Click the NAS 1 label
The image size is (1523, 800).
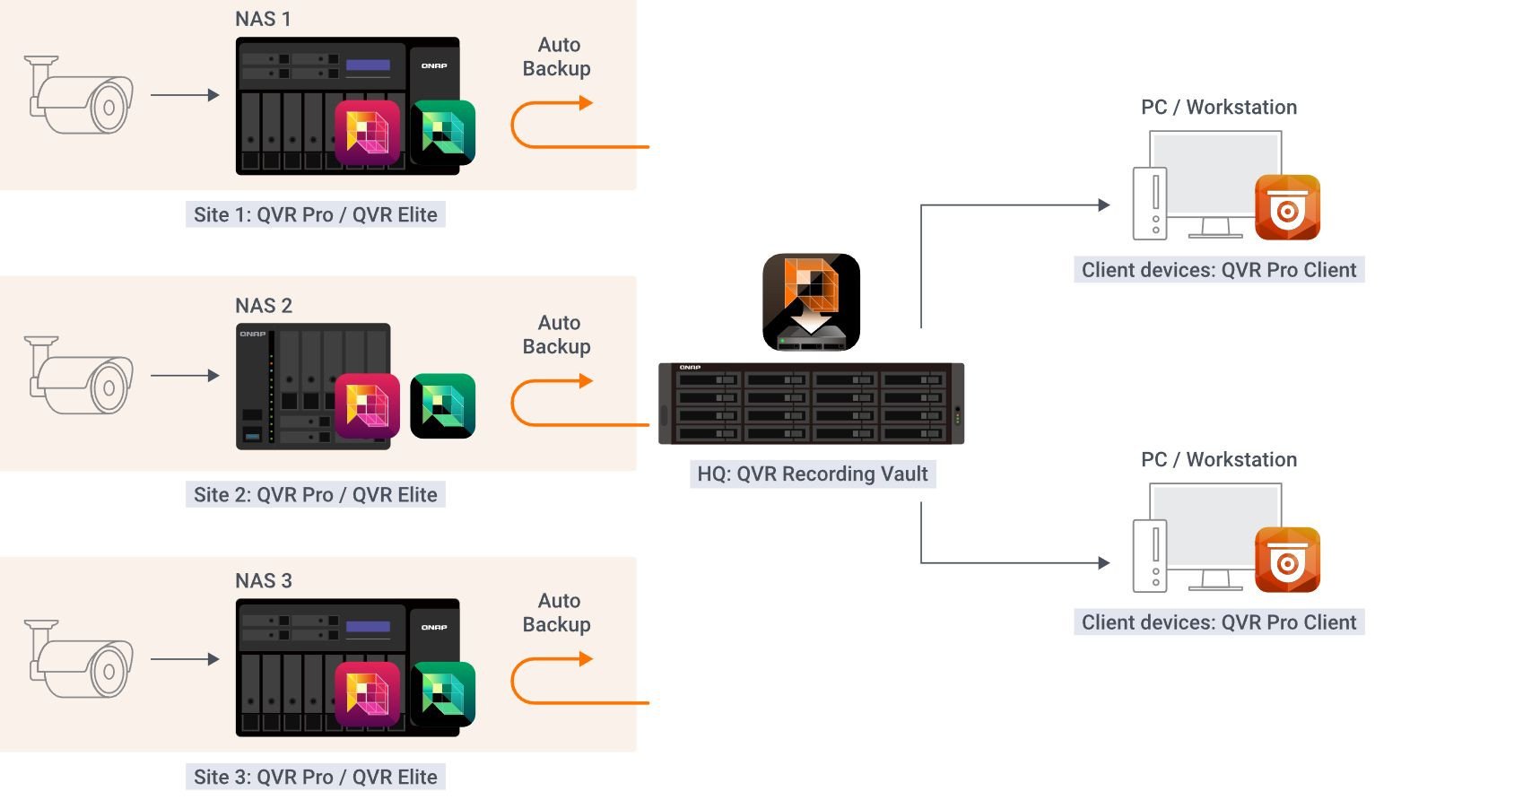click(x=263, y=19)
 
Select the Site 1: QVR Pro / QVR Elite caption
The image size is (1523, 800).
click(x=315, y=215)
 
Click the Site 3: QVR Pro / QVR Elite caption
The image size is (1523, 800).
click(x=315, y=778)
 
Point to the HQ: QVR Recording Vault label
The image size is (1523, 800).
click(x=813, y=474)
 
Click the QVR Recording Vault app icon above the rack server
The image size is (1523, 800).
click(x=811, y=301)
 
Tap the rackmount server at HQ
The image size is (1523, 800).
click(x=811, y=404)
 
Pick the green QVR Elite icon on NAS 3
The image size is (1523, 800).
click(x=442, y=693)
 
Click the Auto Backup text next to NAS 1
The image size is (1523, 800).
click(x=557, y=57)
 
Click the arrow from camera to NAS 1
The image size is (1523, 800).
click(x=185, y=95)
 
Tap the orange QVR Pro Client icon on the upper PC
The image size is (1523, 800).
click(x=1287, y=207)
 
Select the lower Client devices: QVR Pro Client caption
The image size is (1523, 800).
click(x=1218, y=622)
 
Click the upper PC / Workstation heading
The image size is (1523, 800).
click(x=1218, y=108)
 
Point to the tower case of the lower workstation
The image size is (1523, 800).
click(x=1150, y=556)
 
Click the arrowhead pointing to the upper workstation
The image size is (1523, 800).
click(x=1104, y=205)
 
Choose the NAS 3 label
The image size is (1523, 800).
click(x=263, y=581)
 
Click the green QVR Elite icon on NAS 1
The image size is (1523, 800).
click(x=442, y=133)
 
